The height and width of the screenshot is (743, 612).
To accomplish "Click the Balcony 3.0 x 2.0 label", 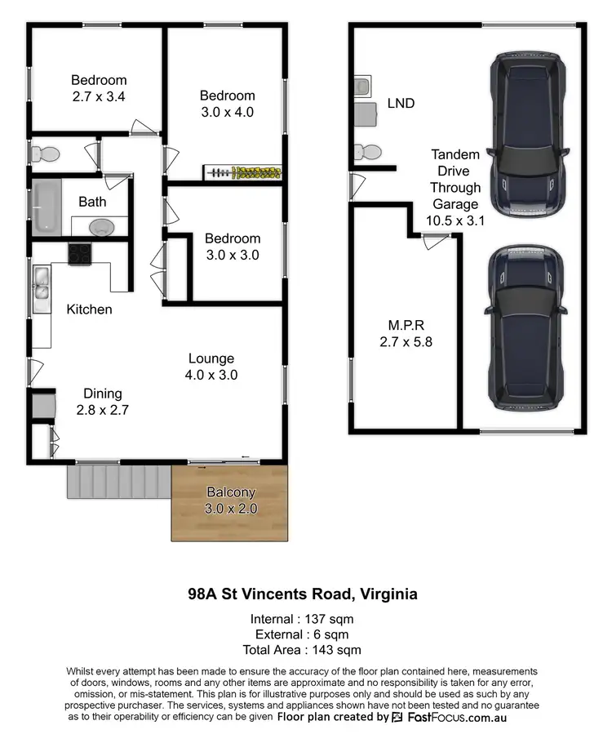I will [x=231, y=501].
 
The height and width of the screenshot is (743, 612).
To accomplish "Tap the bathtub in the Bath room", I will [x=44, y=207].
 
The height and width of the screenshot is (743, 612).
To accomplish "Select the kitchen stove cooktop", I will [x=80, y=254].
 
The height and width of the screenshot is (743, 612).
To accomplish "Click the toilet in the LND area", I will [x=366, y=152].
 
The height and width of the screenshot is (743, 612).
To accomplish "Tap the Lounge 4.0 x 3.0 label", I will [x=211, y=367].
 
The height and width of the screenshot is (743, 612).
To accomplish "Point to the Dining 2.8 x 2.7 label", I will [x=102, y=402].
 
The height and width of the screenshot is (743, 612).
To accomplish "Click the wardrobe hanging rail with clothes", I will [x=243, y=172].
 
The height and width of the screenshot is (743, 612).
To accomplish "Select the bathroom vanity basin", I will [x=101, y=226].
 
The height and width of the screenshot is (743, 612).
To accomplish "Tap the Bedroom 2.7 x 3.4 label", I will [x=99, y=88].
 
